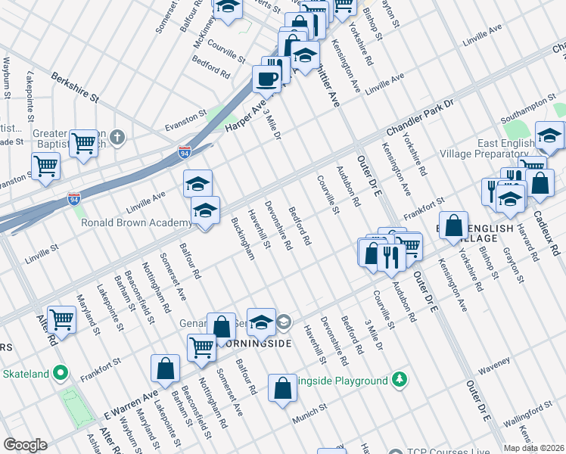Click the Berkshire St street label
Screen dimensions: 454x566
[x=75, y=88]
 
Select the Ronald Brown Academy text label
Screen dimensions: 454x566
[x=136, y=222]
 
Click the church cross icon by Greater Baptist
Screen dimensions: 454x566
[x=116, y=137]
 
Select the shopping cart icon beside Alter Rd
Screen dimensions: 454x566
[x=61, y=319]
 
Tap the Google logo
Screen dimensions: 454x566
[x=25, y=445]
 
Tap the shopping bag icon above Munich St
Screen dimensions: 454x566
[x=282, y=389]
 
